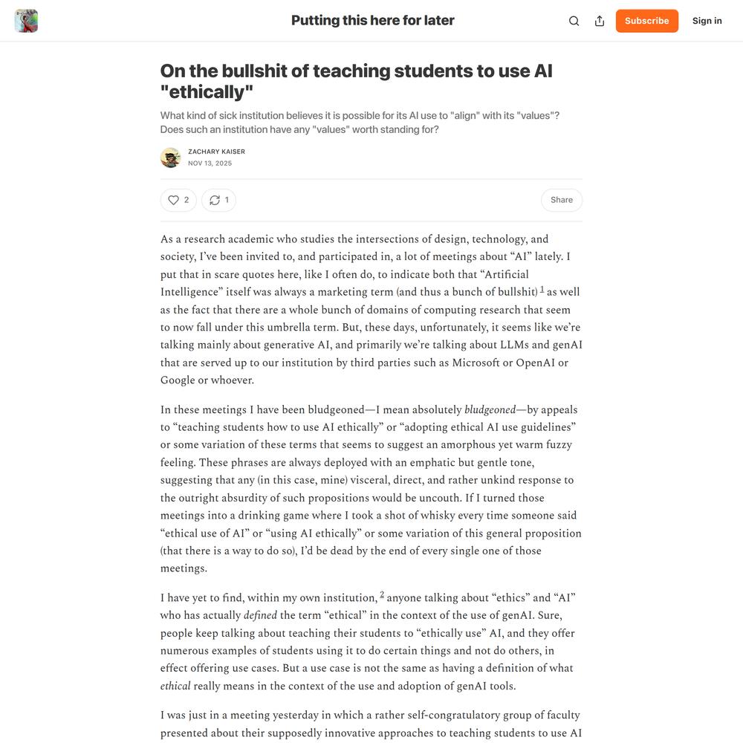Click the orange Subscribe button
[646, 21]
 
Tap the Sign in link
[707, 21]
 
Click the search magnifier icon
[574, 21]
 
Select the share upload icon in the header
[600, 21]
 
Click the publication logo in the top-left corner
[26, 21]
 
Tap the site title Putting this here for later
[372, 21]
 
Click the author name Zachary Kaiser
[216, 152]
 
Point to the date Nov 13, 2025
[210, 163]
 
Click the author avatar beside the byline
[170, 158]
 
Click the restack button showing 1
[219, 200]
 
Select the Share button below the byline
[561, 200]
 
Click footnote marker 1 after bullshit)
[542, 289]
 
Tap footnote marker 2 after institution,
[382, 594]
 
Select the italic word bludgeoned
[490, 409]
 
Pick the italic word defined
[260, 615]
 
